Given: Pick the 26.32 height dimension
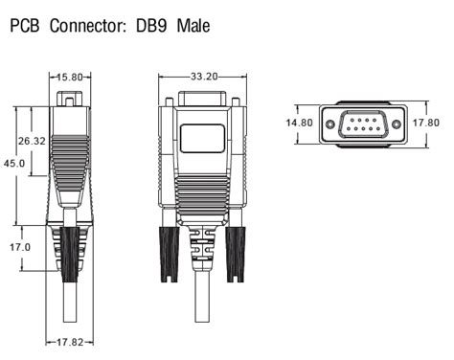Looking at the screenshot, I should pyautogui.click(x=31, y=141).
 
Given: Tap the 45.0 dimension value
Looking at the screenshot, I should pyautogui.click(x=14, y=164).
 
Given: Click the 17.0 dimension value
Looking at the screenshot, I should pyautogui.click(x=20, y=247).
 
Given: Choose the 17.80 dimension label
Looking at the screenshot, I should pyautogui.click(x=425, y=123).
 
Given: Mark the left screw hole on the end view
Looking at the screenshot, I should pyautogui.click(x=330, y=123).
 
